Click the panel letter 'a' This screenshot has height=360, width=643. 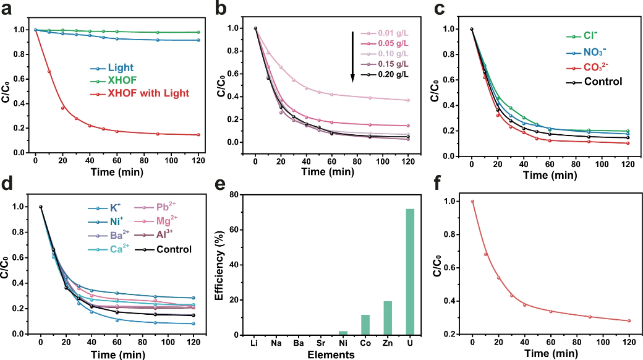pyautogui.click(x=7, y=9)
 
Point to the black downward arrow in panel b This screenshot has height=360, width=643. pyautogui.click(x=352, y=56)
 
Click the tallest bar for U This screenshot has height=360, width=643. pyautogui.click(x=409, y=272)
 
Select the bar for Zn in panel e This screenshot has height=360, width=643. pyautogui.click(x=387, y=318)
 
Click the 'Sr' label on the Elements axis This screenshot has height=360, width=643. pyautogui.click(x=321, y=342)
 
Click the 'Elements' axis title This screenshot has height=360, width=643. pyautogui.click(x=332, y=354)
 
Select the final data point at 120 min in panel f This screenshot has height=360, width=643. pyautogui.click(x=629, y=320)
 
